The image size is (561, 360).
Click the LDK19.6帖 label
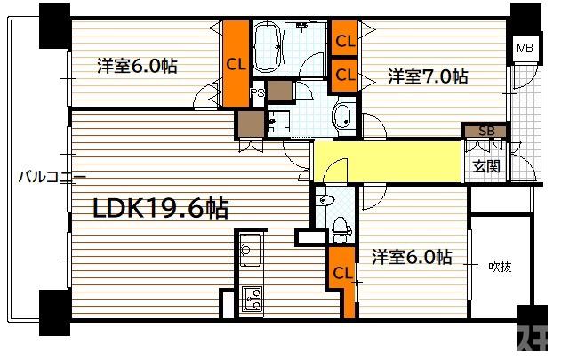161,210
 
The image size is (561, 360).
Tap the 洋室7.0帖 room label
427,76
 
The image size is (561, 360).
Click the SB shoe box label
485,131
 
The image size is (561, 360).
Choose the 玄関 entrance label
485,165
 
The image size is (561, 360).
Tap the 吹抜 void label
500,266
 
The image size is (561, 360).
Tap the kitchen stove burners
252,300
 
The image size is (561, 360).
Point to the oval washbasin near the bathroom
342,116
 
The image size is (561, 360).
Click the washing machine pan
282,121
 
